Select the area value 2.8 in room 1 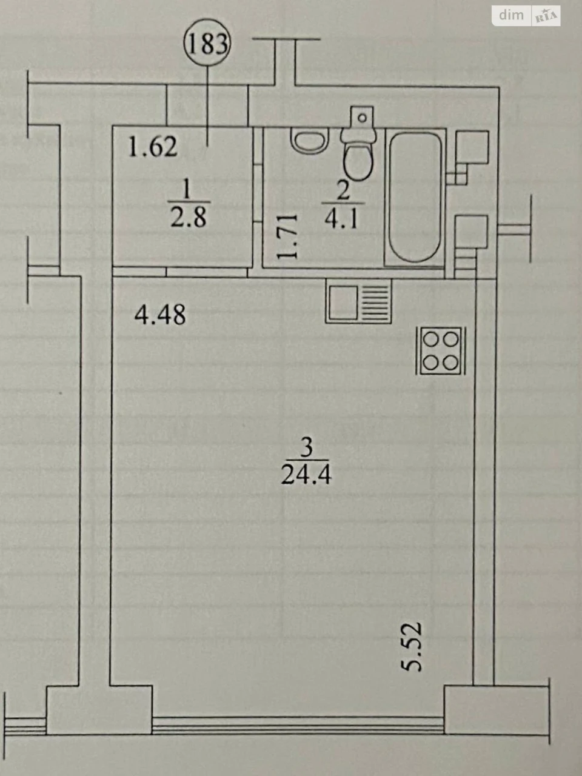tap(189, 216)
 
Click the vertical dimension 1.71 tap(287, 236)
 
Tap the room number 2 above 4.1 tap(343, 190)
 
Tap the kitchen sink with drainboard tap(359, 301)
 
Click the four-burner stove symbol tap(441, 350)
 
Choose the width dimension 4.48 tap(160, 315)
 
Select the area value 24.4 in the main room tap(306, 473)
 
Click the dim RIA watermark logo tap(526, 16)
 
